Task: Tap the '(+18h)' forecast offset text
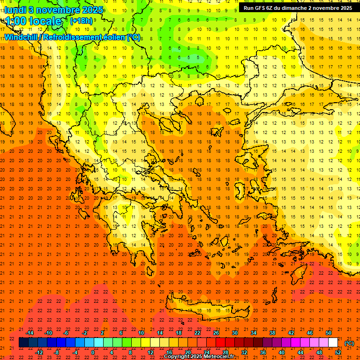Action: click(x=81, y=21)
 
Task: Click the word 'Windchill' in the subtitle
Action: click(x=22, y=37)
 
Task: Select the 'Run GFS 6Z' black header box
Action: click(x=298, y=8)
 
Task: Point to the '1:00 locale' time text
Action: click(x=33, y=21)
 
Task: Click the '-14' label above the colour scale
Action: click(x=30, y=333)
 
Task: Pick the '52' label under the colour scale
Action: click(x=338, y=352)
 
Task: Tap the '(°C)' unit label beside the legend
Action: click(x=349, y=343)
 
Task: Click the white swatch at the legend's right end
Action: click(x=333, y=343)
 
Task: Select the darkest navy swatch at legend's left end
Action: click(x=24, y=343)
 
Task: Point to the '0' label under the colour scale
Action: click(x=93, y=352)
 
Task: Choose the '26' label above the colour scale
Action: click(x=216, y=333)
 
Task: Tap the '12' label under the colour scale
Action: click(x=150, y=352)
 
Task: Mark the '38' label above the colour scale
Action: click(x=272, y=333)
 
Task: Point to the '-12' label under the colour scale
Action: click(x=39, y=352)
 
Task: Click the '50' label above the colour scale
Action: click(x=329, y=333)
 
